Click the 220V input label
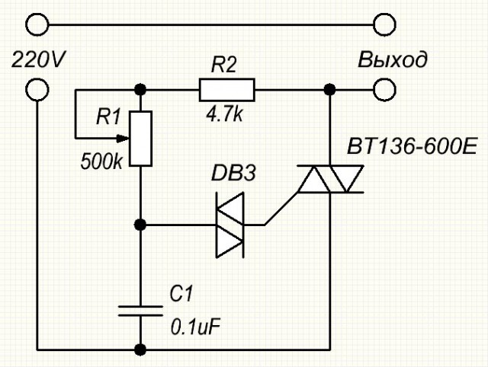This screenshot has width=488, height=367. point(38,59)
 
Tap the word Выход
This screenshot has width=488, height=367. point(393,59)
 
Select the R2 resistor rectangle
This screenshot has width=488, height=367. point(227,90)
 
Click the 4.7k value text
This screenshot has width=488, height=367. point(224,115)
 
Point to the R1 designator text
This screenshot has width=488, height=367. point(108,116)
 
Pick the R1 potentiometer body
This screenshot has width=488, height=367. point(140,139)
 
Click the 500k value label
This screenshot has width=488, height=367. point(101,161)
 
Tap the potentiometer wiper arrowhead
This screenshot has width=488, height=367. point(123,139)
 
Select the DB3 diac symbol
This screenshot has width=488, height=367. point(230,225)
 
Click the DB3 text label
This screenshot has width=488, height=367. point(233,173)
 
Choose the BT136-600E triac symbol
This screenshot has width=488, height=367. point(330,179)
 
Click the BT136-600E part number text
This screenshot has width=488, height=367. point(412,146)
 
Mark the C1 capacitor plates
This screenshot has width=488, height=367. point(140,311)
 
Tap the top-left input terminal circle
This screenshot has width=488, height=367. point(37,24)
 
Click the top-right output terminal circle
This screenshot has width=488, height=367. point(384,24)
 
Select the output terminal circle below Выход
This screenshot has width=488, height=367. point(384,90)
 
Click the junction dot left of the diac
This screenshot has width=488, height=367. point(140,225)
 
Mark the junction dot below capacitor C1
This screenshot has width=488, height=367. point(140,350)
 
